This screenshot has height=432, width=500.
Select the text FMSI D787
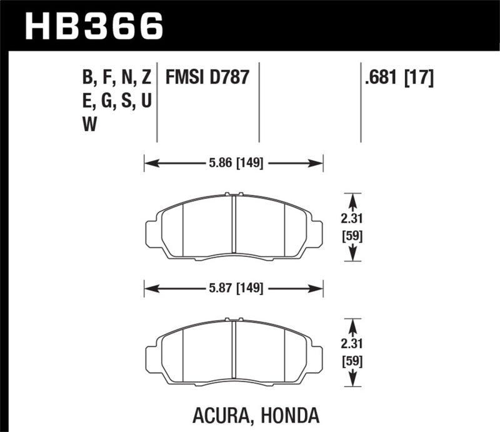[207, 78]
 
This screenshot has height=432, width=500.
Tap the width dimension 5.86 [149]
[234, 164]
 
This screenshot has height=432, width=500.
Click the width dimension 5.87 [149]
[234, 288]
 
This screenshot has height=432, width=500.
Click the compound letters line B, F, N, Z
[117, 78]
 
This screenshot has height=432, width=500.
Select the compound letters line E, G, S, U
[117, 101]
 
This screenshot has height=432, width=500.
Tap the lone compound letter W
[89, 124]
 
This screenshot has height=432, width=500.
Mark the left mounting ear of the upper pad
[152, 234]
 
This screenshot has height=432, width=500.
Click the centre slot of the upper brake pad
[234, 226]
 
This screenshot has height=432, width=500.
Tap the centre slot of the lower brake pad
[234, 351]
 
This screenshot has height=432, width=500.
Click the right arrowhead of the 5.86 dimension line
[317, 164]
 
